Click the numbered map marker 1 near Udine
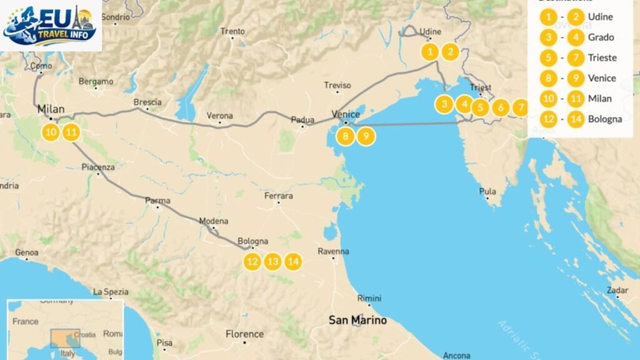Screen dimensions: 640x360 430,52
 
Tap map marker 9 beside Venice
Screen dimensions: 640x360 366,136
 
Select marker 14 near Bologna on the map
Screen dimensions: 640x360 293,261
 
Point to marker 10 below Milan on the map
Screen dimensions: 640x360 51,132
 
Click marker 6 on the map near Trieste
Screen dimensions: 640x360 500,107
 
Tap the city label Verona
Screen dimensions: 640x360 220,116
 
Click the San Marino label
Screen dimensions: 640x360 357,321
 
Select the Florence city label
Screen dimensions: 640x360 244,334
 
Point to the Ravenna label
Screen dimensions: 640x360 333,252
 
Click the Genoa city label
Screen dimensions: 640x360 26,252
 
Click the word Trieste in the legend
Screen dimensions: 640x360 602,58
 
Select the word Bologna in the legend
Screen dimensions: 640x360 604,119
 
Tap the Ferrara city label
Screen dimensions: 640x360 279,196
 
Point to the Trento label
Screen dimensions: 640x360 232,31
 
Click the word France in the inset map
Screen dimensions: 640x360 26,322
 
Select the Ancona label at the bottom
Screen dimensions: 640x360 456,356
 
